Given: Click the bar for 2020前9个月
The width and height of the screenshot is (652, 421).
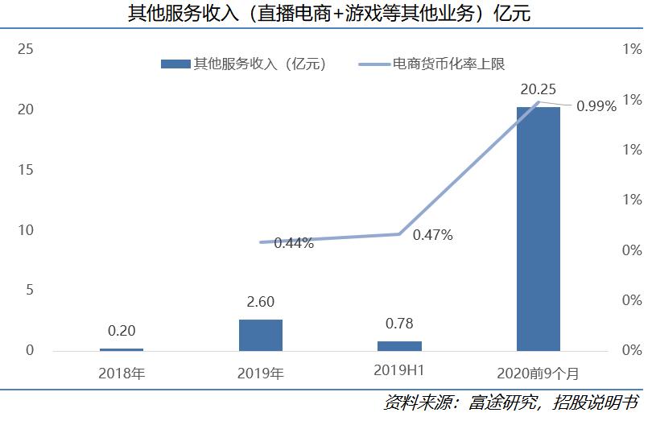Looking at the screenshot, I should click(538, 229).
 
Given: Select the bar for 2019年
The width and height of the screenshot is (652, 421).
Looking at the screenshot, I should click(260, 335).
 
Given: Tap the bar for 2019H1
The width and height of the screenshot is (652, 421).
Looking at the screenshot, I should click(399, 345).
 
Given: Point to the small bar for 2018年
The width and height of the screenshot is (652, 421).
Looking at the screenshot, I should click(122, 349).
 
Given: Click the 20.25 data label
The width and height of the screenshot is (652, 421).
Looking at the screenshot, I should click(538, 90).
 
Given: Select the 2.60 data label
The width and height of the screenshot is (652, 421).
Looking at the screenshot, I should click(260, 303).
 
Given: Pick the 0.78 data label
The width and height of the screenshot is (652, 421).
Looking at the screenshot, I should click(399, 324).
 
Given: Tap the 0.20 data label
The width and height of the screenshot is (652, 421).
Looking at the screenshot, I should click(122, 331).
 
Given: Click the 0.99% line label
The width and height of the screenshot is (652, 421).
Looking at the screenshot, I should click(596, 105).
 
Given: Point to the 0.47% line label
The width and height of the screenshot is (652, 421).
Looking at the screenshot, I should click(432, 236).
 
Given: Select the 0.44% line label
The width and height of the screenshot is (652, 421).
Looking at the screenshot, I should click(293, 243).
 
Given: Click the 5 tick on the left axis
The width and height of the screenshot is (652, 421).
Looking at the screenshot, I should click(29, 290).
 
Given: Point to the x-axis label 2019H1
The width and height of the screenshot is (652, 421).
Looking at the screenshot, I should click(399, 372).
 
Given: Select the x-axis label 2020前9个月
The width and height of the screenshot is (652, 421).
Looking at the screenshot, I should click(538, 373).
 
